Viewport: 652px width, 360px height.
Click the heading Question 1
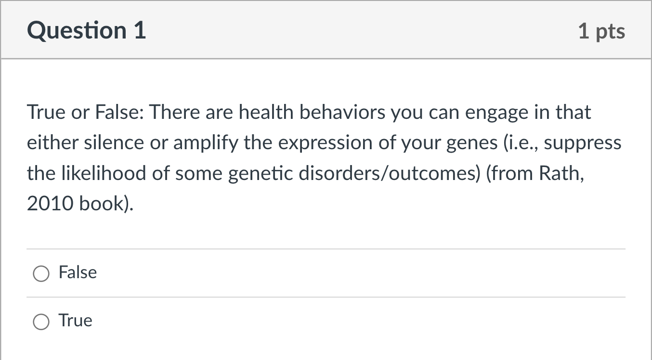click(x=87, y=30)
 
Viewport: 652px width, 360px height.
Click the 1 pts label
click(x=601, y=31)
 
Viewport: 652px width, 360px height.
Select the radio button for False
click(x=41, y=274)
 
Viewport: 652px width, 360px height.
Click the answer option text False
click(x=78, y=272)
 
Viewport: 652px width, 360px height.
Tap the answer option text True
click(x=75, y=321)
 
